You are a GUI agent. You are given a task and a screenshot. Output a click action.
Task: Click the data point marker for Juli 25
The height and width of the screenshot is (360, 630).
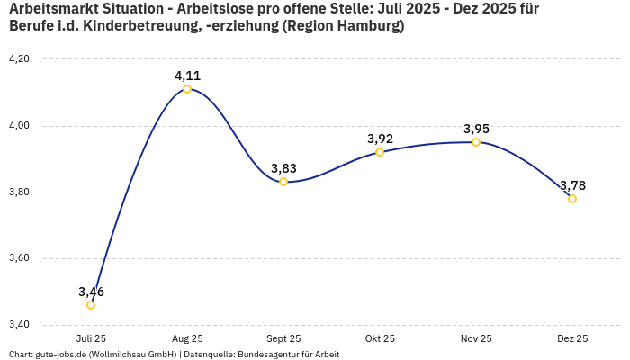[x=91, y=305]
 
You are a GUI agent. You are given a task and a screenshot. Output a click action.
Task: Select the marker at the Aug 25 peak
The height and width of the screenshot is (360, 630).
[x=187, y=89]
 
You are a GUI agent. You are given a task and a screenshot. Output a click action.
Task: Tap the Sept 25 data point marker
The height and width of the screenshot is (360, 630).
[x=283, y=182]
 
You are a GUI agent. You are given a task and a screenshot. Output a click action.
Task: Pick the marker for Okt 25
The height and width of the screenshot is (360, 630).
[x=380, y=152]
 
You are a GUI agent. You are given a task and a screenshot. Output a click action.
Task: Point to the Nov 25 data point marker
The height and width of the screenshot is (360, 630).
[x=476, y=142]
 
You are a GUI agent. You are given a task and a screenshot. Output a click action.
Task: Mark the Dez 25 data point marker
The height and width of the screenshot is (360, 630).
[x=572, y=199]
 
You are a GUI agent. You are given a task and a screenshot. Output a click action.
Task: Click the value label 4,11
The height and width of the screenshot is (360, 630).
[x=187, y=76]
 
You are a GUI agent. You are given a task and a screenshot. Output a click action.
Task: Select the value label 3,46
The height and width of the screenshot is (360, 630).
[x=91, y=292]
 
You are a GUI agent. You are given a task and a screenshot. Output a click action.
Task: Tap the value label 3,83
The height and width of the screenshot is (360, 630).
[x=283, y=168]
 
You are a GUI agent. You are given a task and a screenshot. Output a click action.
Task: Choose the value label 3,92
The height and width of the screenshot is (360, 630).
[x=380, y=139]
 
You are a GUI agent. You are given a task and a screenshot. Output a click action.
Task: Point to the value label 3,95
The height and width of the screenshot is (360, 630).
[x=476, y=129]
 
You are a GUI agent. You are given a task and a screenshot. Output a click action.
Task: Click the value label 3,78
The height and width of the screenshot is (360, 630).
[x=572, y=185]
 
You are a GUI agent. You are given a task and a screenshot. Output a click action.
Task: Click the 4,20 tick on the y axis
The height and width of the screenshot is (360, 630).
[x=19, y=59]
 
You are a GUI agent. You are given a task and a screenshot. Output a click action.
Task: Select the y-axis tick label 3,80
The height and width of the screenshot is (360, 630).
[x=19, y=193]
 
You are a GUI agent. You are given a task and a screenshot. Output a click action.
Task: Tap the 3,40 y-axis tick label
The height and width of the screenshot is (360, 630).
[x=19, y=325]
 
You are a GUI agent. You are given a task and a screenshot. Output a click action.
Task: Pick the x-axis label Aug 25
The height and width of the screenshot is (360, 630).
[x=187, y=338]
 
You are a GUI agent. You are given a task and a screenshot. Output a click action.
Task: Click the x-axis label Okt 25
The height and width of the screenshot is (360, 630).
[x=380, y=338]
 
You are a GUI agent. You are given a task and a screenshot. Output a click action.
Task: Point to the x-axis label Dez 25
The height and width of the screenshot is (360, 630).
[x=572, y=338]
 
